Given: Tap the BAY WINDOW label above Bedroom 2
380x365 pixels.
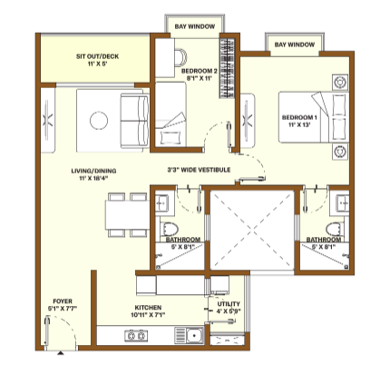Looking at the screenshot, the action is (x=195, y=26).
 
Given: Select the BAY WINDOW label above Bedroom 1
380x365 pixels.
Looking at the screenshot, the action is (x=295, y=44).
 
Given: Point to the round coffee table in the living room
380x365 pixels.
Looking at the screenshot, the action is (x=99, y=121).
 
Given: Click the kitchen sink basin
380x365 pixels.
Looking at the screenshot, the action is (x=193, y=336).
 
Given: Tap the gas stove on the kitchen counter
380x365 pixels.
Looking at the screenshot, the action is (x=136, y=336).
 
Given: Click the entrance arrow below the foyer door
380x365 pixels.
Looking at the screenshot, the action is (x=61, y=352).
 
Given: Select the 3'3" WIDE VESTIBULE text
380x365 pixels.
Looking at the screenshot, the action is (x=199, y=170).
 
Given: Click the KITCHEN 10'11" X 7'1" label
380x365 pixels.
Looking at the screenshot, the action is (x=148, y=311).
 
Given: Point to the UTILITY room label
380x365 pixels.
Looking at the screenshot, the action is (x=229, y=304).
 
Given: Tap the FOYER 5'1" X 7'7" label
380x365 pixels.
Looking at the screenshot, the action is (x=63, y=305).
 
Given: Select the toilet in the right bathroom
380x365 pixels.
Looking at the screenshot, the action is (x=335, y=230).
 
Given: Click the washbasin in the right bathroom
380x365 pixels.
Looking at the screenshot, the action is (x=344, y=202).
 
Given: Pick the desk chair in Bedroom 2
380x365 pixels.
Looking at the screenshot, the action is (x=180, y=57).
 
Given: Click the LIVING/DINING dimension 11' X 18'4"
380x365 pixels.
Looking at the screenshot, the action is (x=93, y=178).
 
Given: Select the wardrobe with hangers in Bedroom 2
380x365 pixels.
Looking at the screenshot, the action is (x=227, y=68).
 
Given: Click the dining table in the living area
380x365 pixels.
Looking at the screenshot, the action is (x=127, y=215).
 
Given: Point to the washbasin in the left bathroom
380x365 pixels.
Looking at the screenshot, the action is (x=161, y=202).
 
